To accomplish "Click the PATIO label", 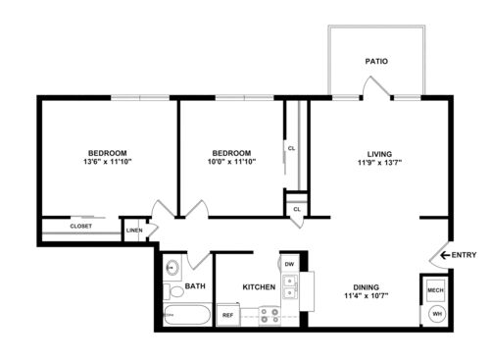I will coord(376,61).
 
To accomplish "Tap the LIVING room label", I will coord(379,153).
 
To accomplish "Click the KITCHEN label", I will coord(258,286).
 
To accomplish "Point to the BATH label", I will coord(195,286).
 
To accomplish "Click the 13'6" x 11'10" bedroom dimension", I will coord(107,163).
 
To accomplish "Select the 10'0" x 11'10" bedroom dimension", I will coord(231,163).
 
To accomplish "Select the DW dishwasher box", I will coord(289,265).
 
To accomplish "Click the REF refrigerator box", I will coord(227,315).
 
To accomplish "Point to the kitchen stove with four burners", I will coord(269,315).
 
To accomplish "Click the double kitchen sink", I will coord(290,286).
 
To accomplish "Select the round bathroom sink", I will coord(172,268).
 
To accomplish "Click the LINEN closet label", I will coord(134,231).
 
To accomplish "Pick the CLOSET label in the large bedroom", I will coord(81,227).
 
